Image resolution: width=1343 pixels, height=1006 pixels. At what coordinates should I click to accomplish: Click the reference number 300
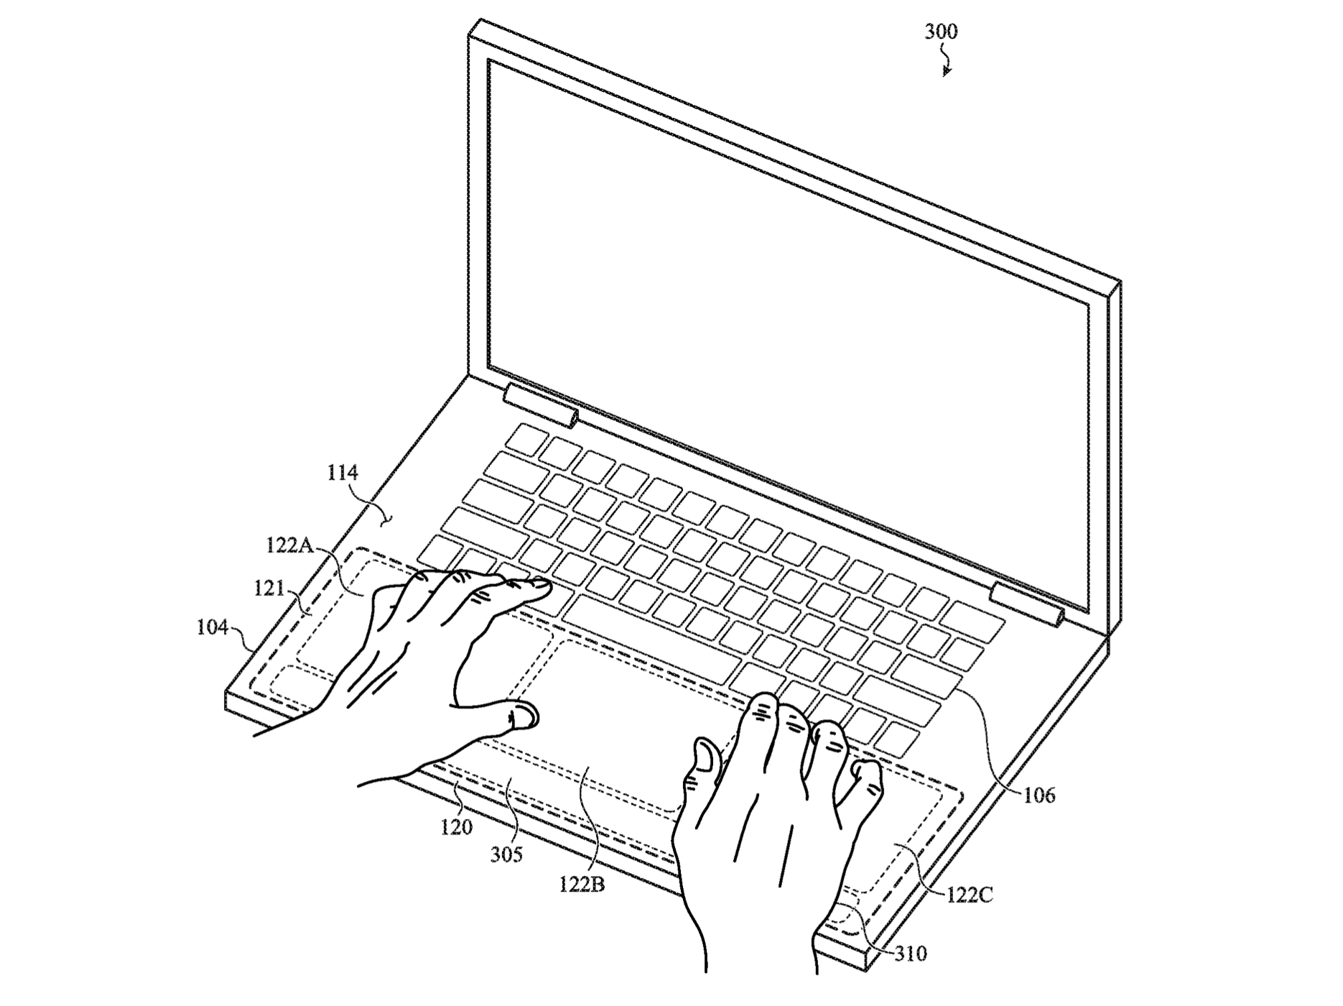coord(941,32)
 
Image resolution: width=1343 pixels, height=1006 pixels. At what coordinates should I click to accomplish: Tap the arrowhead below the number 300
coord(947,71)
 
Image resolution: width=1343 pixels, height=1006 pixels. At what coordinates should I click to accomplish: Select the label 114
coord(343,473)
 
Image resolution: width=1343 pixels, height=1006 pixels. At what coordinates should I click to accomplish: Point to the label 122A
coord(289,545)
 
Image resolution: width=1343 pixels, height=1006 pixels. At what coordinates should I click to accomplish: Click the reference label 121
coord(269,589)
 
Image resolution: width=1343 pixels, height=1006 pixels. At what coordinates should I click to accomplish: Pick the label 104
coord(213,627)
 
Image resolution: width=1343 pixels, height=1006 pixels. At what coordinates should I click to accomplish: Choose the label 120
coord(457,828)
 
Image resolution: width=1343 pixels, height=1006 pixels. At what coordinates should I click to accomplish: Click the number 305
coord(506,855)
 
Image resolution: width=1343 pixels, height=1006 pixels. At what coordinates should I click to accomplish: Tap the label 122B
coord(582,885)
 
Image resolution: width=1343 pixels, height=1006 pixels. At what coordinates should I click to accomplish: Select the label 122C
coord(970,895)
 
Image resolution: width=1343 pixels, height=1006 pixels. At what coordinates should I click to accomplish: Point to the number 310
coord(910,954)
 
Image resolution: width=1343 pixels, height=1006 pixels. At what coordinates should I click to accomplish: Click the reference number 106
coord(1039,795)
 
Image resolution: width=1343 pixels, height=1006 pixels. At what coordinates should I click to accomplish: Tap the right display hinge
coord(1027,604)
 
